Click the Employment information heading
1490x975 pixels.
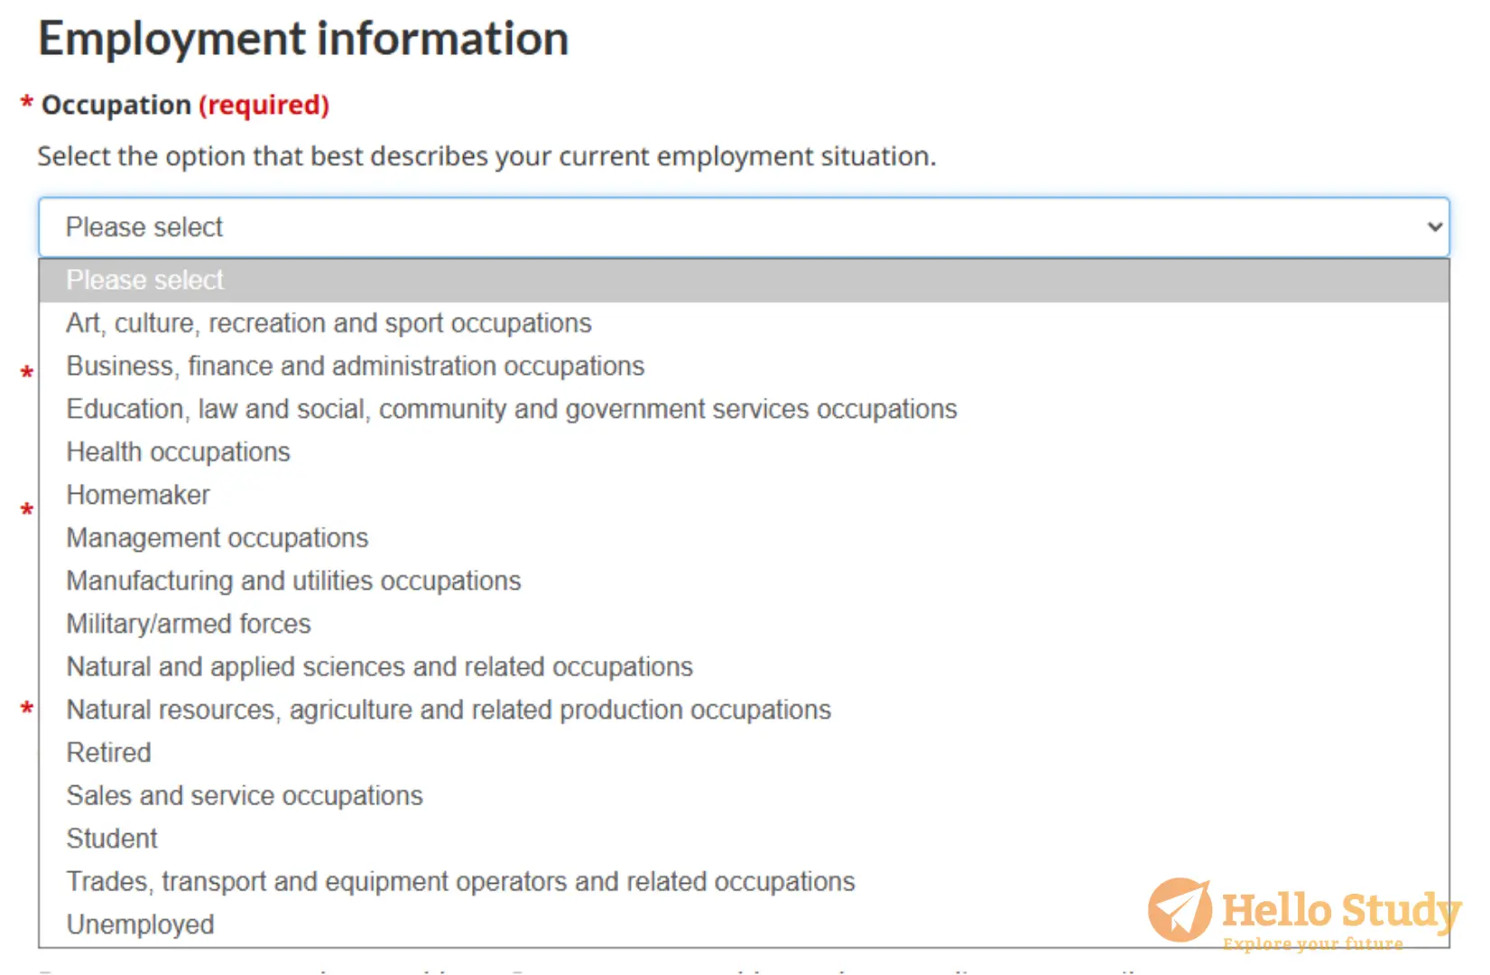coord(303,39)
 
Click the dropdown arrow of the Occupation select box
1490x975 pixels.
coord(1435,227)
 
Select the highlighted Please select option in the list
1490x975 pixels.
coord(144,280)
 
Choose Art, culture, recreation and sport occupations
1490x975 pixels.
coord(329,323)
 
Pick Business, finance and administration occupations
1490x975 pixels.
coord(356,366)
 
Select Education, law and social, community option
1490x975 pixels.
coord(512,409)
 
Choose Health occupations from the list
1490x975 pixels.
coord(179,452)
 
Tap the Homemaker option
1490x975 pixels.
coord(138,495)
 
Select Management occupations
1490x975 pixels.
coord(217,538)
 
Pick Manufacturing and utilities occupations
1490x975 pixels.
coord(293,581)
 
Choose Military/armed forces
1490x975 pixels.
coord(189,624)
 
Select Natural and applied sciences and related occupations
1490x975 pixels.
coord(379,667)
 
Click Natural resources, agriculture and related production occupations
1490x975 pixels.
coord(449,710)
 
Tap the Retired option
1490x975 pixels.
coord(108,753)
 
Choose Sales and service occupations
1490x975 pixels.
coord(244,796)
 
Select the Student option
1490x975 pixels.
coord(112,839)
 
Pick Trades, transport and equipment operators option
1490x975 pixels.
coord(460,882)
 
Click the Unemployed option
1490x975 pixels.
coord(140,925)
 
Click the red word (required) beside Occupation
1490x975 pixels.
coord(264,105)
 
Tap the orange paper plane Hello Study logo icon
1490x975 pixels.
coord(1180,910)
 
